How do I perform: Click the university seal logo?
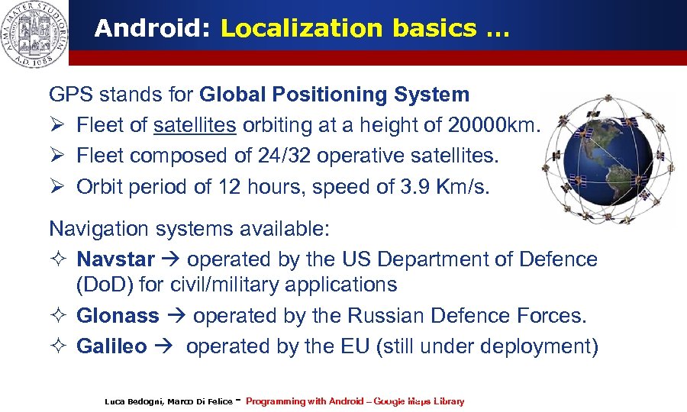click(34, 34)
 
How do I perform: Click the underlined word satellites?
click(195, 125)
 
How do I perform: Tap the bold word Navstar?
click(115, 259)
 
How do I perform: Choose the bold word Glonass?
click(118, 315)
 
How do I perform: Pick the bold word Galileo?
click(111, 346)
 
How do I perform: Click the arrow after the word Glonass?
click(176, 316)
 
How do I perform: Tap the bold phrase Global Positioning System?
click(334, 95)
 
